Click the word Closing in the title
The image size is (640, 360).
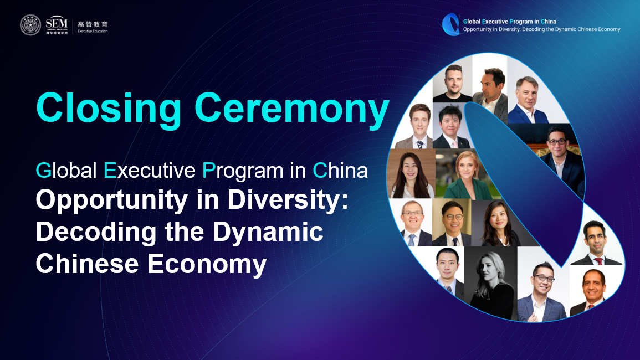click(x=109, y=108)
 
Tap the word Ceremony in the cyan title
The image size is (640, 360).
click(x=292, y=108)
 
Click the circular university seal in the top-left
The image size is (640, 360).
click(x=30, y=25)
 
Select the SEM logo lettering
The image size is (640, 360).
click(x=57, y=23)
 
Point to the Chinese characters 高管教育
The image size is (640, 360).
click(x=93, y=24)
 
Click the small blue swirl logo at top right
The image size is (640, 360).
click(x=451, y=24)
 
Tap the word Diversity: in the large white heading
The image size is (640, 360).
click(x=288, y=200)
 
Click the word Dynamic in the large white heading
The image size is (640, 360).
click(x=268, y=232)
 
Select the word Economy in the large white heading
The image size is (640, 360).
click(x=207, y=264)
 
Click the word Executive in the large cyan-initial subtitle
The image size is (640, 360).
click(x=150, y=170)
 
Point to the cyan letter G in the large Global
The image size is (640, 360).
click(x=43, y=170)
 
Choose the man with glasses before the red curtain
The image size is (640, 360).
click(x=559, y=157)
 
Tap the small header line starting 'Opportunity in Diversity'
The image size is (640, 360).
click(x=541, y=29)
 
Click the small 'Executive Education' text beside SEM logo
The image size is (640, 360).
click(x=93, y=31)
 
